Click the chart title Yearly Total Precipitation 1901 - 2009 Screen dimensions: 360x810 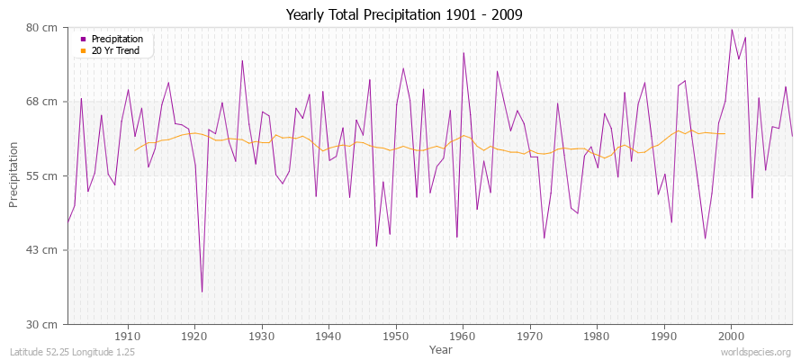tap(404, 15)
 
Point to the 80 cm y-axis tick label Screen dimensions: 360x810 tap(43, 28)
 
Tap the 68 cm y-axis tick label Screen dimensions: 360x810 tap(43, 102)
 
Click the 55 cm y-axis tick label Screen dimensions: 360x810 tap(43, 175)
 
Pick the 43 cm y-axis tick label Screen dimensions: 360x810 tap(43, 249)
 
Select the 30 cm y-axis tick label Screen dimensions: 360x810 tap(43, 323)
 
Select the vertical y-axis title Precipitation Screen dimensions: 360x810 tap(13, 175)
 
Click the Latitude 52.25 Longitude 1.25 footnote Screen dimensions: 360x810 tap(72, 353)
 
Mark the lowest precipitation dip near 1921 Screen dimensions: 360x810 tap(202, 292)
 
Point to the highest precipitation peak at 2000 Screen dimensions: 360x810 tap(731, 29)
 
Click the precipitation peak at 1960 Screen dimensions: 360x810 tap(463, 52)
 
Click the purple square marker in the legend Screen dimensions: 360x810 tap(84, 40)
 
